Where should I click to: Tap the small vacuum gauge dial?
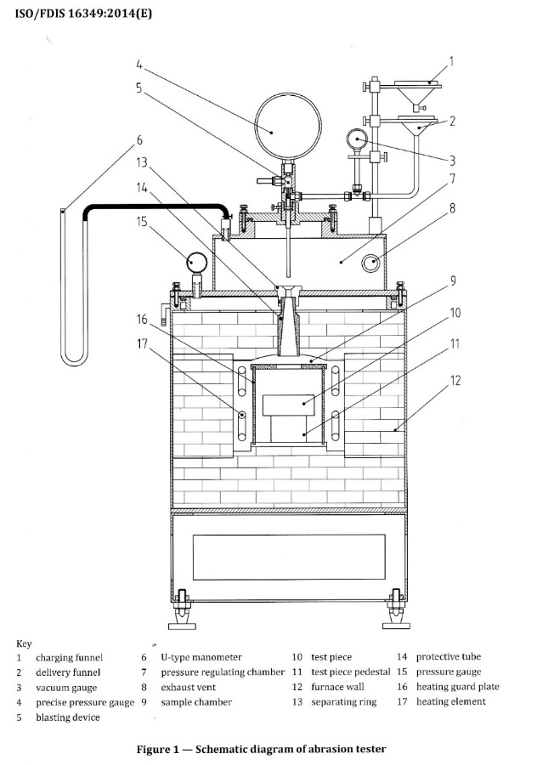point(357,139)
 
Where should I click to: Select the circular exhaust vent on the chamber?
point(371,263)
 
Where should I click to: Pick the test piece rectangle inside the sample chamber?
point(288,405)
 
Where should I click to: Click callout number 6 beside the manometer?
point(139,140)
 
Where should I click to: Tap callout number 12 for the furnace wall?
point(455,380)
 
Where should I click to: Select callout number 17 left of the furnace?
point(142,344)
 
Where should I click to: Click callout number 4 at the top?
point(139,65)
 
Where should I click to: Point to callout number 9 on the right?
point(453,281)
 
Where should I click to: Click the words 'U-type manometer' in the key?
point(201,657)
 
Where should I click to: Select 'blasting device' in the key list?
point(68,717)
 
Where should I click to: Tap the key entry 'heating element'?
point(450,701)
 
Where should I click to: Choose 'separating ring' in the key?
point(344,702)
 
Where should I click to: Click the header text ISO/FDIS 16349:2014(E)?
point(84,13)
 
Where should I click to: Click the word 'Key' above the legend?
point(24,644)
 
